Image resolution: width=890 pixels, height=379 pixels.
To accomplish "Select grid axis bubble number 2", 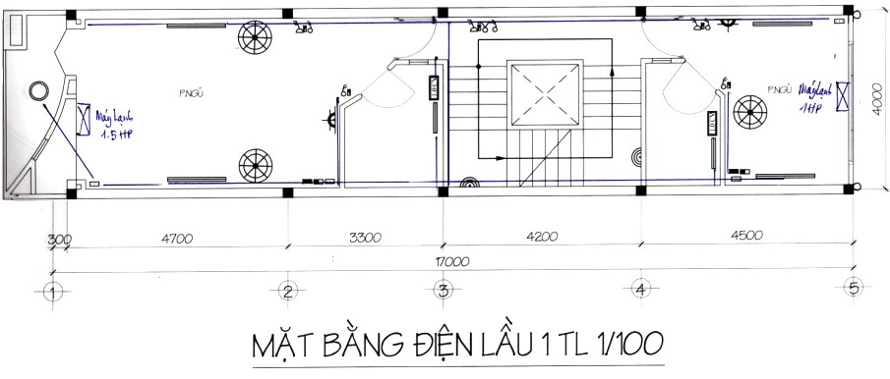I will coord(286,291).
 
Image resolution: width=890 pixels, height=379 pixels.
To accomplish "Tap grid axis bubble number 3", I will coord(444,291).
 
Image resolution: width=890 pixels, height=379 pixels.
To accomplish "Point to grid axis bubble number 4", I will coord(640,291).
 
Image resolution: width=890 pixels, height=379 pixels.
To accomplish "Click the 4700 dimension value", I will coord(176,238).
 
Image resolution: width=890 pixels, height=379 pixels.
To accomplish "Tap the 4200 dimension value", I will coord(541,237).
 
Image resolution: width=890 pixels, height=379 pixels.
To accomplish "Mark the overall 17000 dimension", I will coord(452,262).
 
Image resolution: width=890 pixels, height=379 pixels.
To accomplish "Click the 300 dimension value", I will coord(60,239).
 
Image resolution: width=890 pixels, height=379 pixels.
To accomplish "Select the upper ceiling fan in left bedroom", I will coord(255,38).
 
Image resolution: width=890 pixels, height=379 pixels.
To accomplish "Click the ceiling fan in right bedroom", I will coord(751,110).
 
